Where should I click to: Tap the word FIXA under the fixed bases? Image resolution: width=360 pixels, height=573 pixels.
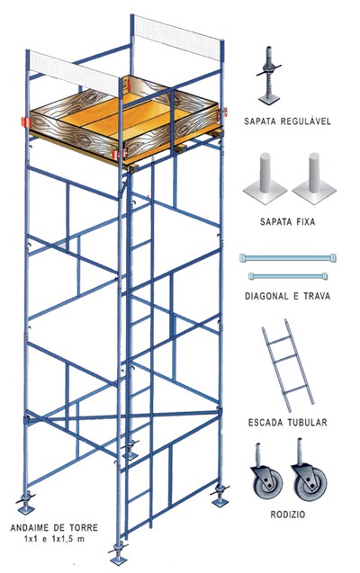[x=302, y=222]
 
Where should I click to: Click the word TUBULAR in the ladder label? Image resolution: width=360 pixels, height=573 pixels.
[x=307, y=423]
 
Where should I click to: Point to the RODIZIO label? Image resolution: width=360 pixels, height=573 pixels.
[x=288, y=515]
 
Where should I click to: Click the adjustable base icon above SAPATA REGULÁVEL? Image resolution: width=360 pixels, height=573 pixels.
[x=269, y=76]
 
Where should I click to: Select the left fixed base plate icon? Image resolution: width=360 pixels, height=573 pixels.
[x=265, y=179]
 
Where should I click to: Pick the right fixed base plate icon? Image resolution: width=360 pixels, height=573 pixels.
[x=314, y=179]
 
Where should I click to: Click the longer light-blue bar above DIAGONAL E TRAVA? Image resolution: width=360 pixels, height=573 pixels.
[x=288, y=258]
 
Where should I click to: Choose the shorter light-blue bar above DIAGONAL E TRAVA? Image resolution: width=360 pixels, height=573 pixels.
[x=288, y=276]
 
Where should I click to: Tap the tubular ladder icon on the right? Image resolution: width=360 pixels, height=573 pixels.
[x=288, y=365]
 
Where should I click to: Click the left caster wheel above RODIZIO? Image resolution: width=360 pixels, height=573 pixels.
[x=267, y=476]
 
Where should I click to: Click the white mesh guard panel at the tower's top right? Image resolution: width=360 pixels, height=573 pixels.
[x=177, y=37]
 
